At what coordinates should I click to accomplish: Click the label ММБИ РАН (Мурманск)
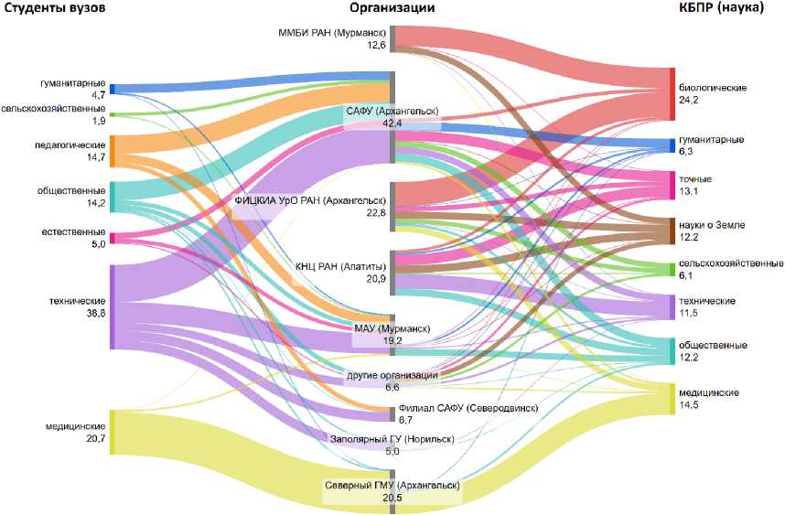[332, 33]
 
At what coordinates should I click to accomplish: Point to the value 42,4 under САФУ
[392, 123]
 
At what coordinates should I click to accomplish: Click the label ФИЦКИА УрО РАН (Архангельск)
[310, 200]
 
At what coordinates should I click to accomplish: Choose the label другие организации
[392, 375]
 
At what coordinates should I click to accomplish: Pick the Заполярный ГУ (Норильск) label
[392, 439]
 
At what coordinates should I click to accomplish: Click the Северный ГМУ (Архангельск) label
[392, 485]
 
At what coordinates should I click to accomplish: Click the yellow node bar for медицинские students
[112, 432]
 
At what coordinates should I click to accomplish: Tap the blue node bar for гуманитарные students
[112, 89]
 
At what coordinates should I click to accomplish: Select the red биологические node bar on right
[672, 93]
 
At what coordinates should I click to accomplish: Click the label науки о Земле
[713, 224]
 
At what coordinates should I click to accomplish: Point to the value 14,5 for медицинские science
[690, 404]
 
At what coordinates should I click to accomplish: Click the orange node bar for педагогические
[112, 150]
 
